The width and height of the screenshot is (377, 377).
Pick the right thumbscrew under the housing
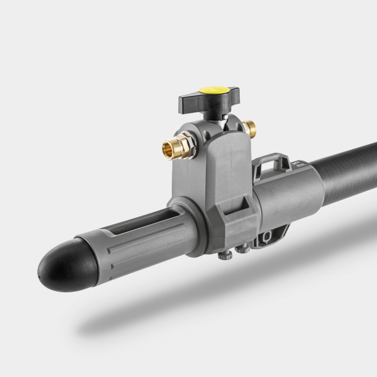coord(242,248)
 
